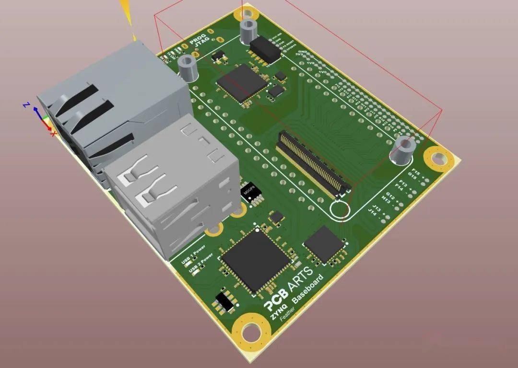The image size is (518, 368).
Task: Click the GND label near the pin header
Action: pyautogui.click(x=302, y=51)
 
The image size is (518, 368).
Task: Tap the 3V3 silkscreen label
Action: pyautogui.click(x=300, y=56)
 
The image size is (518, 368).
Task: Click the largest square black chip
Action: pyautogui.click(x=256, y=260)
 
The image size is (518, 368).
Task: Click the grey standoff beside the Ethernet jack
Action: pyautogui.click(x=188, y=68)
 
